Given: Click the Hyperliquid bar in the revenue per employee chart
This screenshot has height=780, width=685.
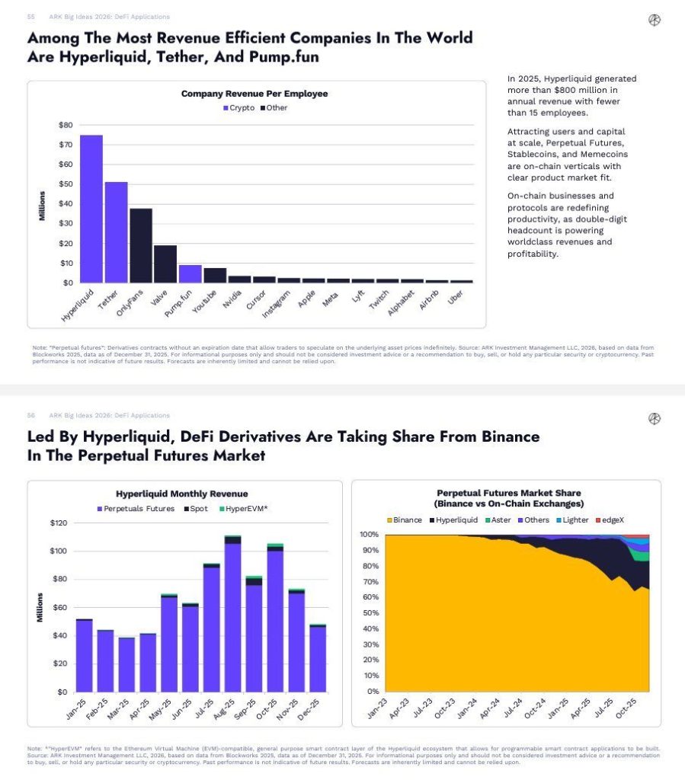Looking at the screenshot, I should click(91, 209).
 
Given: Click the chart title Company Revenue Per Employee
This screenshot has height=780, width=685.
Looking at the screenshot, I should click(254, 94).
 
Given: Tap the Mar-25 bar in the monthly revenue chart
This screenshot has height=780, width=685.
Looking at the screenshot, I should click(126, 664).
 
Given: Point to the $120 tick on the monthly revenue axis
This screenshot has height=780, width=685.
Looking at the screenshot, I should click(58, 523).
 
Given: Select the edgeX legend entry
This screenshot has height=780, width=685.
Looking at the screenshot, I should click(613, 519).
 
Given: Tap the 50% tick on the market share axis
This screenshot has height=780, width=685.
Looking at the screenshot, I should click(368, 613).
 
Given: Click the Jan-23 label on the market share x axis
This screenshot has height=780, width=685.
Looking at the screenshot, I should click(376, 708).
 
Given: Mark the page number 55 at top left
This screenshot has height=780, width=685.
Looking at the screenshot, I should click(31, 17).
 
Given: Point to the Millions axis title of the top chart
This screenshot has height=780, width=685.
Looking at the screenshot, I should click(42, 204).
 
